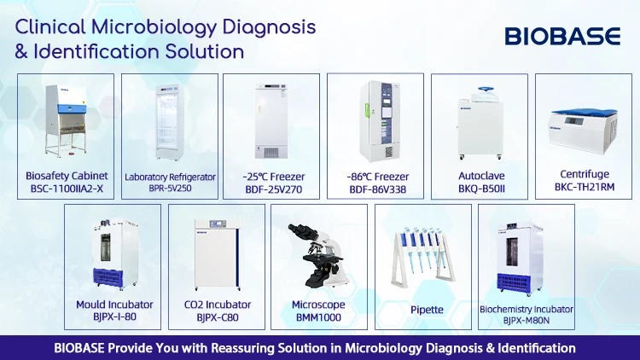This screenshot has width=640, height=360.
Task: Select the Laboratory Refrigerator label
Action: pos(170,177)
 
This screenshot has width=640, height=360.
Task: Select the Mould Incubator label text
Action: pos(114,304)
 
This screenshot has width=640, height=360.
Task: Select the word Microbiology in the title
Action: pos(166,26)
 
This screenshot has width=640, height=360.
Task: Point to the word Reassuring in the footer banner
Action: pos(241,348)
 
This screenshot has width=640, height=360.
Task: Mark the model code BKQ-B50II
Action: pos(479,189)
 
